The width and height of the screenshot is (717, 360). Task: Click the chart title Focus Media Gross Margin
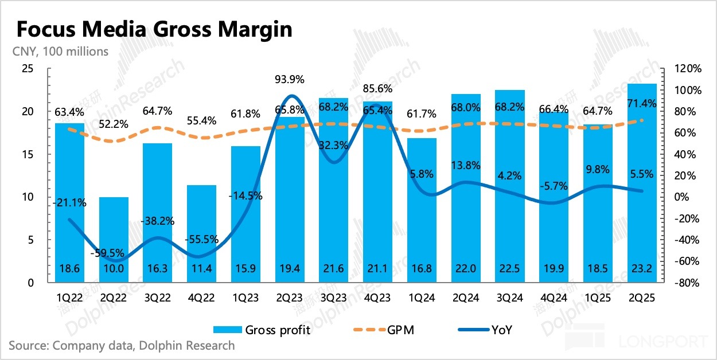pos(154,29)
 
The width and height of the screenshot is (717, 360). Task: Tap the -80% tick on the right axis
pos(687,283)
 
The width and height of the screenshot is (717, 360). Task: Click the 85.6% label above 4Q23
pos(377,89)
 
